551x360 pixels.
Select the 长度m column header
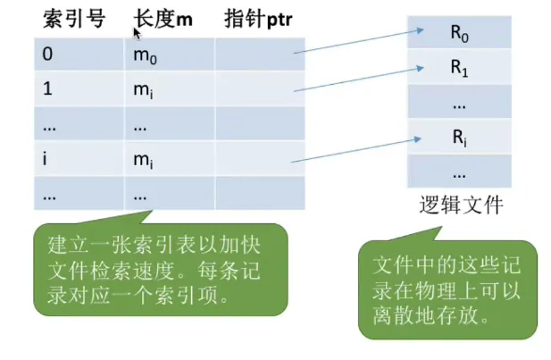pyautogui.click(x=163, y=18)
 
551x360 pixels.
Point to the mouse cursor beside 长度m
pyautogui.click(x=138, y=33)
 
